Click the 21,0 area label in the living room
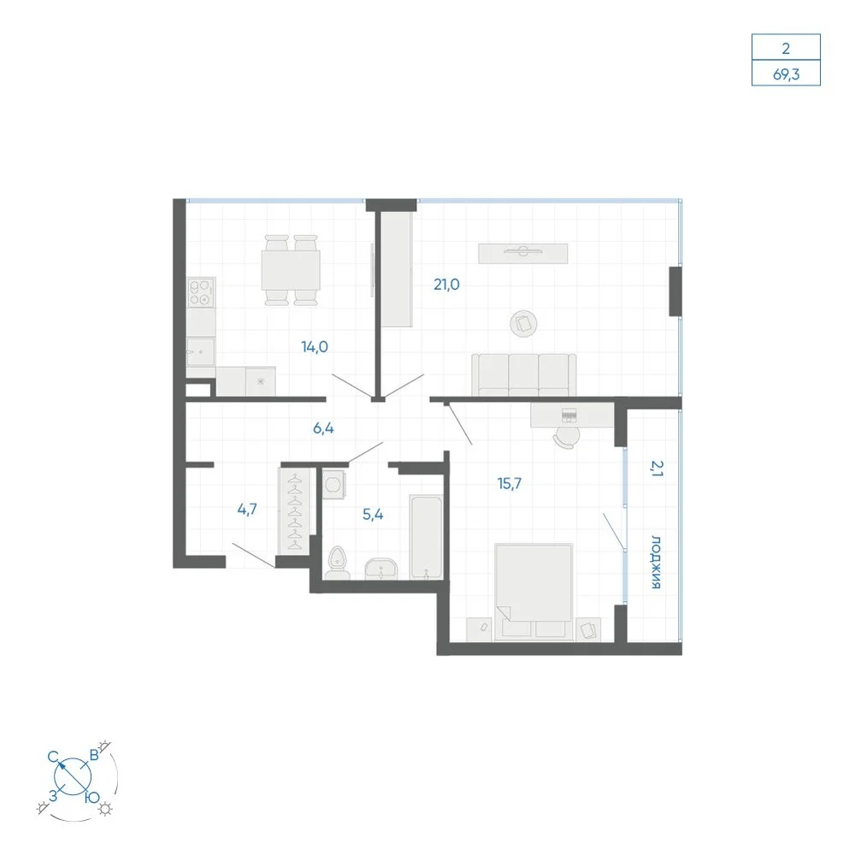(x=446, y=284)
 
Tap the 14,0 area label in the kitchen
(x=315, y=347)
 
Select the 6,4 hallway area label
(x=323, y=428)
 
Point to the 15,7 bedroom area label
(x=510, y=483)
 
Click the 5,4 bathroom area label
(x=373, y=514)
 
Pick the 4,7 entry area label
(x=247, y=510)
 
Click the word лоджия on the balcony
(x=657, y=563)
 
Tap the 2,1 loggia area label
(x=657, y=469)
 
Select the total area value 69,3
(x=786, y=74)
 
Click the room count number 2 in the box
(x=786, y=49)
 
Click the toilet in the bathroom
(x=338, y=563)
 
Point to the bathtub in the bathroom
(x=426, y=537)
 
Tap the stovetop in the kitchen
(x=201, y=292)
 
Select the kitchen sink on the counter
(x=201, y=351)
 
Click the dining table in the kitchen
(x=291, y=270)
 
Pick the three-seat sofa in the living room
(x=523, y=375)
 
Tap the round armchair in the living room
(x=523, y=324)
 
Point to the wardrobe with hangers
(x=294, y=511)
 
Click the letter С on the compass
(x=53, y=757)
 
